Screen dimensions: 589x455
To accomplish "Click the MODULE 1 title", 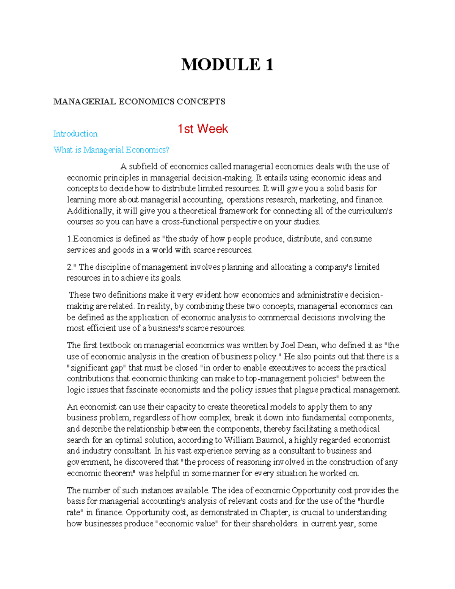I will [227, 64].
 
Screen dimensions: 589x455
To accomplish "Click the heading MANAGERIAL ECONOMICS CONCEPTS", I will [139, 102].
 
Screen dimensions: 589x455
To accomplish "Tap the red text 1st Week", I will [203, 129].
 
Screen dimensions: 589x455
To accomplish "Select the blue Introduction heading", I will [75, 134].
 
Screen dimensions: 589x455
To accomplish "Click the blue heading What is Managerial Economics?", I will [111, 150].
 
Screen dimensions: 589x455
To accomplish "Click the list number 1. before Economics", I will [69, 239].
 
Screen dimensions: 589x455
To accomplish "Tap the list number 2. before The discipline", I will [69, 267].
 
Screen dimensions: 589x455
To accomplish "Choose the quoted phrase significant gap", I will [97, 368].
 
